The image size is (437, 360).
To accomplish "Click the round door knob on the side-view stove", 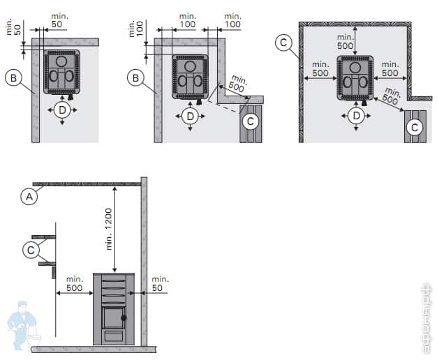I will click(x=124, y=318).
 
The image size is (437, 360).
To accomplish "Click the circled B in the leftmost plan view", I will click(x=13, y=78).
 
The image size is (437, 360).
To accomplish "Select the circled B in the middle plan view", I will click(x=136, y=78).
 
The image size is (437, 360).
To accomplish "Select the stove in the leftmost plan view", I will click(x=62, y=72).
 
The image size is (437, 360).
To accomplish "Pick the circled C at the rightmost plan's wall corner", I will click(x=283, y=43).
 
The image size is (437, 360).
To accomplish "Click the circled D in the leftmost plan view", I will click(x=63, y=112).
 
